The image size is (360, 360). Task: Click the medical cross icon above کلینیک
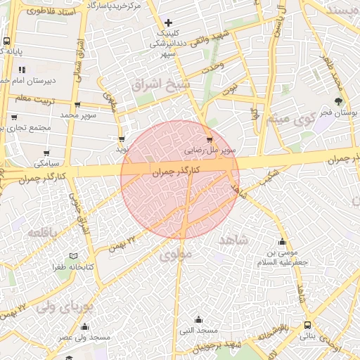point(167,23)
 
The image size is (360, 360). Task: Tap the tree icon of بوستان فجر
point(338,102)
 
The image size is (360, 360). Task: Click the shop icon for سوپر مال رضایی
point(209,139)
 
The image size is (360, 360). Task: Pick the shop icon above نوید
point(122,139)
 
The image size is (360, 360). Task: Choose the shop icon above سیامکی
point(46,153)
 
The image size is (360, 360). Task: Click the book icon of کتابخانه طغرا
point(73,257)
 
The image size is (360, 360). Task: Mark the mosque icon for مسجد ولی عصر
point(84,326)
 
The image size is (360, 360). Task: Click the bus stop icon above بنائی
point(308,325)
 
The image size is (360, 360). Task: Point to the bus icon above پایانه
point(6,41)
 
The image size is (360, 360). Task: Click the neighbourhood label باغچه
point(42,231)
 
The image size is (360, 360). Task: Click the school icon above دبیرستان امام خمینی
point(22,70)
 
